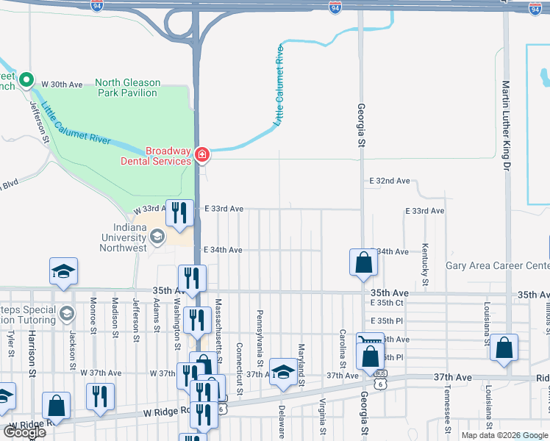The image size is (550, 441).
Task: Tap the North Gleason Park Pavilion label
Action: point(126,88)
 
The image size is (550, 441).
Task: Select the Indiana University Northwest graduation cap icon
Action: point(157,237)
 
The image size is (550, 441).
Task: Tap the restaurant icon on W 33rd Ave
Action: point(179,212)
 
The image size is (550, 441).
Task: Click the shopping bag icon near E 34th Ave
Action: point(363,262)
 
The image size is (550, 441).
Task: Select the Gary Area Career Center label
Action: point(497,265)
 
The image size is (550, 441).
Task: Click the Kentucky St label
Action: point(425,265)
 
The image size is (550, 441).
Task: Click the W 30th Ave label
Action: point(62,85)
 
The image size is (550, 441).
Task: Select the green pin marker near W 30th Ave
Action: point(26,79)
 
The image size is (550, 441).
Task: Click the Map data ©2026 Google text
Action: point(505,435)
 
